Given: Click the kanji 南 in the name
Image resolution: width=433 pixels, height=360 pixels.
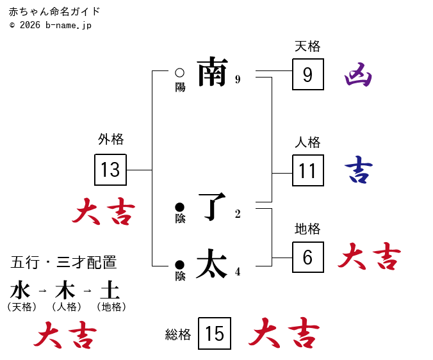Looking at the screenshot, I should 213,72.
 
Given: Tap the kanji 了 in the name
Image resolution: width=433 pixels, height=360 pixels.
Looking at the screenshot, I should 213,206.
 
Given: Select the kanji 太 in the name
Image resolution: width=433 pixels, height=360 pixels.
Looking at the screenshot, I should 213,264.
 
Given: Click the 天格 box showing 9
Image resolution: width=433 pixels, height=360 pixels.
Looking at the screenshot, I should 308,74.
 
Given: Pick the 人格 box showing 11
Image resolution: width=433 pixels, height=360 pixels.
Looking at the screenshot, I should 308,170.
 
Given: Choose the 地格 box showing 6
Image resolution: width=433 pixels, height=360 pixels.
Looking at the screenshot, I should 308,258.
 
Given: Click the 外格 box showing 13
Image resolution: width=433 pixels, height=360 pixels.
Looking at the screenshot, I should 110,170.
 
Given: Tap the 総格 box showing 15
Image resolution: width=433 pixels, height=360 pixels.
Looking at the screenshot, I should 215,334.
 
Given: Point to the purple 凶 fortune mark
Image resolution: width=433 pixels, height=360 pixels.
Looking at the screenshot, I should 358,76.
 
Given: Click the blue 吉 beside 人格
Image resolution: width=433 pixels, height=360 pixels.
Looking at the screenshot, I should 358,170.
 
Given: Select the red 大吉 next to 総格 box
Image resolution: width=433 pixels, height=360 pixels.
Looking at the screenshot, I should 284,334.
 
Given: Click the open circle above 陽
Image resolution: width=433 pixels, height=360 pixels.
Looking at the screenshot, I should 179,73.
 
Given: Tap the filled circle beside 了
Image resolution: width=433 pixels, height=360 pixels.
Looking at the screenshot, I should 179,207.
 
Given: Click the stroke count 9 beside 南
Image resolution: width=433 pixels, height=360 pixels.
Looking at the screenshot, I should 238,79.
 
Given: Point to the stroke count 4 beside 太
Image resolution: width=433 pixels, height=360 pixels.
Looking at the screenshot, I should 238,272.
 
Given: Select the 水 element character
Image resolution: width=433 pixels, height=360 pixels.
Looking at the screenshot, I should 20,290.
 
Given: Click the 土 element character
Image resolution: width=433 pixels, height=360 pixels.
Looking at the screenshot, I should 110,290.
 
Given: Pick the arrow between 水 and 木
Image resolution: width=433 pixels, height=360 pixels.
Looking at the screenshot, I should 42,291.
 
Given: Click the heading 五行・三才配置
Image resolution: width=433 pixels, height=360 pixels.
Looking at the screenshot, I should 63,262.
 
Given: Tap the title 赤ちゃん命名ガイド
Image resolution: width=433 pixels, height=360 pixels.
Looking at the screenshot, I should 54,12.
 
